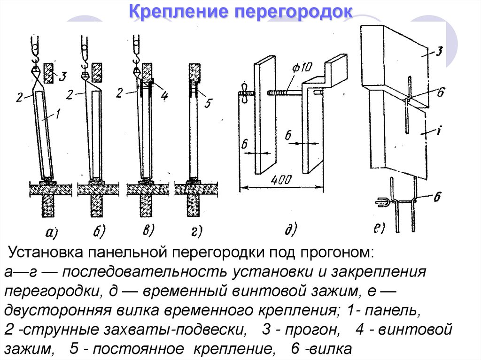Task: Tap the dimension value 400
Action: coord(281,180)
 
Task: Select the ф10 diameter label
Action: coord(301,67)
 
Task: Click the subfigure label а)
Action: coord(49,231)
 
